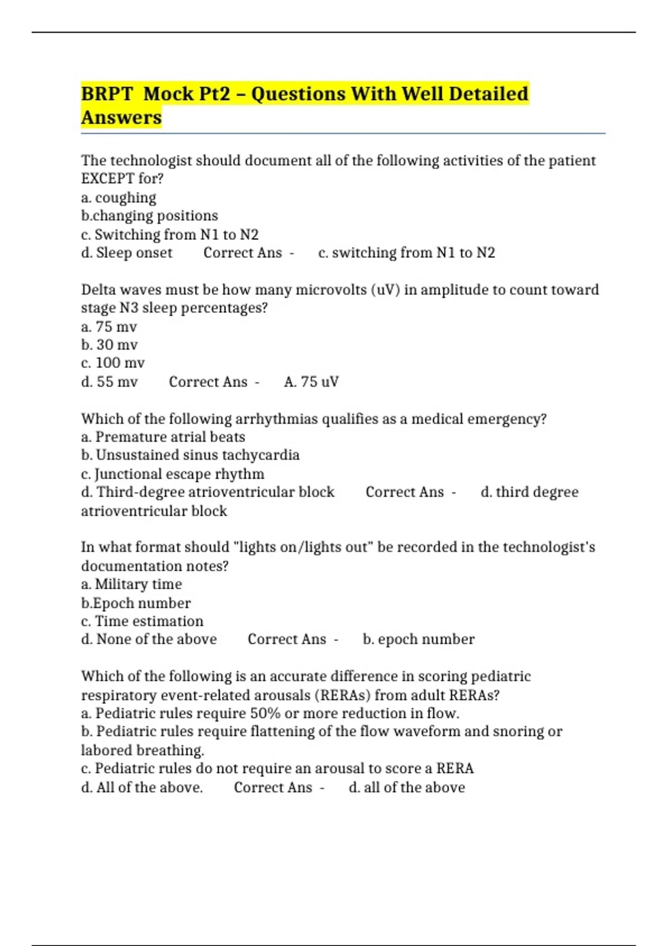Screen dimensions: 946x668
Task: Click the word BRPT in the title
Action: (x=107, y=93)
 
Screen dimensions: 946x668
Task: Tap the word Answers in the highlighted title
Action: (x=121, y=117)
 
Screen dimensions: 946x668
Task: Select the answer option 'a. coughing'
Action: (x=119, y=198)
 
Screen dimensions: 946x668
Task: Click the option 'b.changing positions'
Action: (x=149, y=216)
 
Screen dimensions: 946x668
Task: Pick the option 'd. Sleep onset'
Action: (x=127, y=253)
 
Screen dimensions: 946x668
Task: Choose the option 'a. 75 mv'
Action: (x=109, y=327)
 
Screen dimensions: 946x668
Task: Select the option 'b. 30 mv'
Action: (x=110, y=345)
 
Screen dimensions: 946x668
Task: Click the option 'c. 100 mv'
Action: (x=113, y=363)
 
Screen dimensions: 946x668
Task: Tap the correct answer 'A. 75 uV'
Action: (x=311, y=382)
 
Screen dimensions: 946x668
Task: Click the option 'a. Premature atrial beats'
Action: (x=163, y=437)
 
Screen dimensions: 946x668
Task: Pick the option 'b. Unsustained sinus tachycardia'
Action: (x=190, y=455)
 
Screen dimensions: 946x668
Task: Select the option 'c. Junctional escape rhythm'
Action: (x=173, y=474)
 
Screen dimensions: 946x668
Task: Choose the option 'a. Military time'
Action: (x=131, y=584)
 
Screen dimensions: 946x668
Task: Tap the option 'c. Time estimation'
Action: (x=142, y=621)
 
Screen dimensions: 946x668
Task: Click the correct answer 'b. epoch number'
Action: (x=419, y=639)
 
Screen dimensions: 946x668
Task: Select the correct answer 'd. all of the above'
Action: (x=406, y=787)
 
